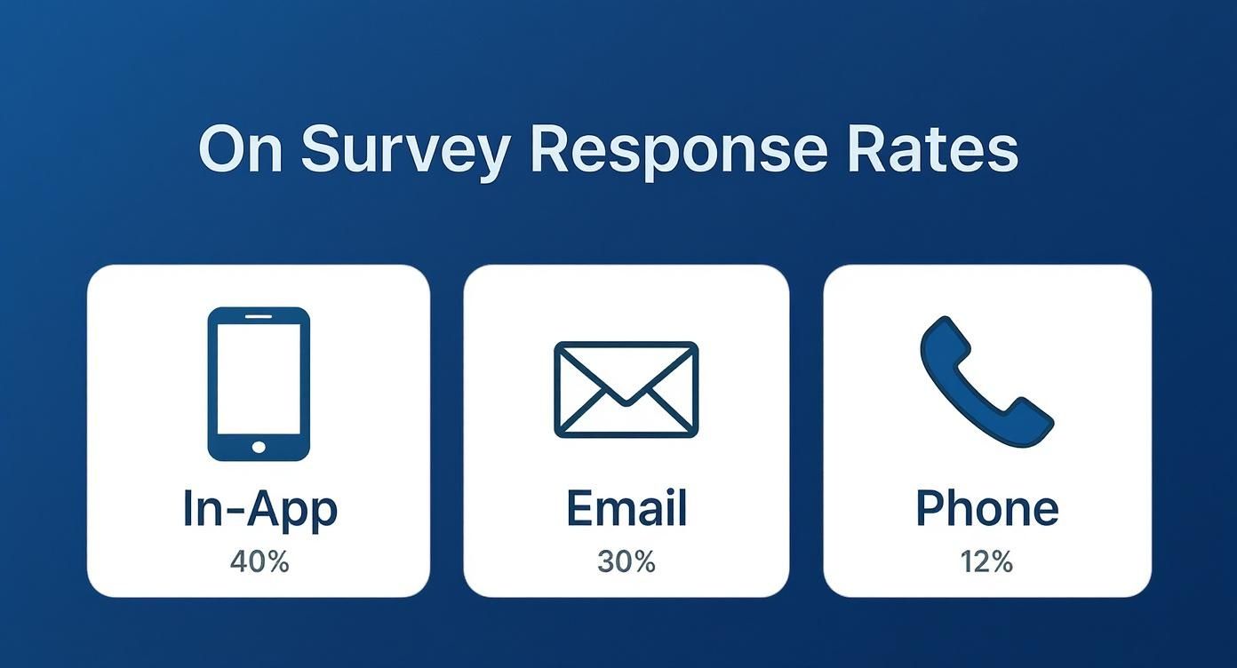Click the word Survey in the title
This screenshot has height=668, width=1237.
pyautogui.click(x=405, y=151)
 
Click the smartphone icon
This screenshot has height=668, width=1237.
pyautogui.click(x=259, y=384)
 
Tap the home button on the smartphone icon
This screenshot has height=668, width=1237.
pyautogui.click(x=259, y=447)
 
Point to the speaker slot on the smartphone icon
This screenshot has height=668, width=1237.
pyautogui.click(x=259, y=316)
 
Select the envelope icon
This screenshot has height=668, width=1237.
pyautogui.click(x=626, y=389)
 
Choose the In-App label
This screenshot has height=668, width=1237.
pyautogui.click(x=259, y=509)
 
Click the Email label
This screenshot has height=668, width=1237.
pyautogui.click(x=626, y=508)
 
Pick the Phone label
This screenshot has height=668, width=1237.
pyautogui.click(x=986, y=508)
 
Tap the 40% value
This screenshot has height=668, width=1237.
pyautogui.click(x=259, y=561)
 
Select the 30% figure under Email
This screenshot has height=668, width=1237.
pyautogui.click(x=626, y=561)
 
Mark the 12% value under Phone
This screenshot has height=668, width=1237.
pyautogui.click(x=986, y=561)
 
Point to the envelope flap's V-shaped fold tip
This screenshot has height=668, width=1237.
pyautogui.click(x=626, y=402)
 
